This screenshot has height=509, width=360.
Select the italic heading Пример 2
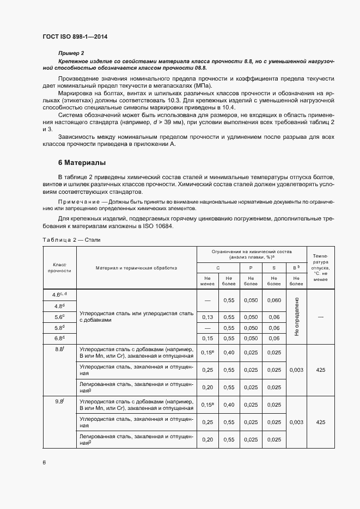tap(71, 53)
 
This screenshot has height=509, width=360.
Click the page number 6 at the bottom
tap(44, 462)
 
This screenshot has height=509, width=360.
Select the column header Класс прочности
tap(59, 267)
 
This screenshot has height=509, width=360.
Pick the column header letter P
tap(251, 268)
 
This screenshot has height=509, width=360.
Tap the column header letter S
tap(273, 268)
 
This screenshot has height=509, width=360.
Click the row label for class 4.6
tap(59, 295)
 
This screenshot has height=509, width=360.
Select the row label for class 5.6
tap(59, 317)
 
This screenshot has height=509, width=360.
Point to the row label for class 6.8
tap(59, 338)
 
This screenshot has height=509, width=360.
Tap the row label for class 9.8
tap(59, 402)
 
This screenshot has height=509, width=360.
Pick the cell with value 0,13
tap(208, 317)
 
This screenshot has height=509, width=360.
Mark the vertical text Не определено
tap(296, 317)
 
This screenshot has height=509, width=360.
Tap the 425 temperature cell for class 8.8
tap(320, 370)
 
